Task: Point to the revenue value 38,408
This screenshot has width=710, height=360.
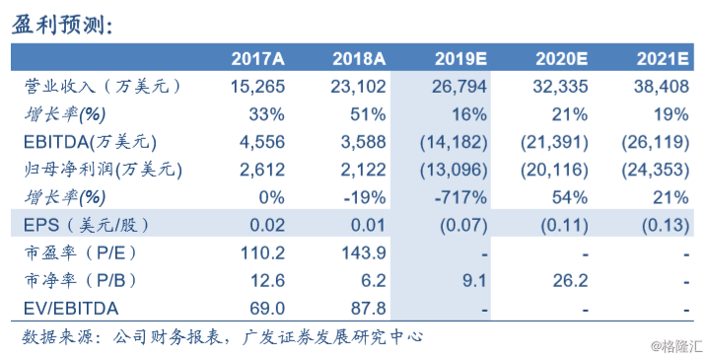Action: click(x=657, y=87)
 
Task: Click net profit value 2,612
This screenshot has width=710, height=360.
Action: click(x=264, y=170)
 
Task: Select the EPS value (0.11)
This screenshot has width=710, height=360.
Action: click(x=560, y=226)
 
